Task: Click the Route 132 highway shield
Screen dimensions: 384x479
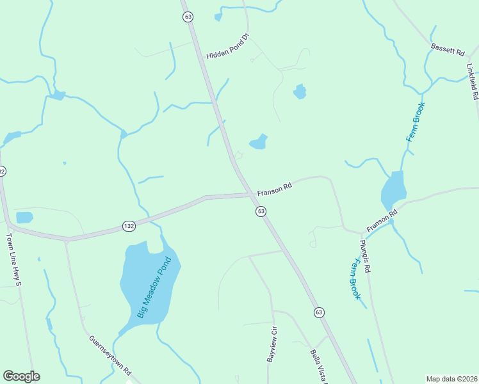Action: point(129,226)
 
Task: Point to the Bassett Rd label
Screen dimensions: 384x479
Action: point(447,48)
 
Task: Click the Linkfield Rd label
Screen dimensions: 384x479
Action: point(472,81)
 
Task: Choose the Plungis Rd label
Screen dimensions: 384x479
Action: point(364,256)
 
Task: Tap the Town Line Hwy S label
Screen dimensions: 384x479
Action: point(14,259)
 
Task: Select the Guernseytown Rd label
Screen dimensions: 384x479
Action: point(110,355)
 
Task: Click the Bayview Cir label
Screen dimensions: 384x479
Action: point(272,344)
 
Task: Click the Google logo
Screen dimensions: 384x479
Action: point(21,376)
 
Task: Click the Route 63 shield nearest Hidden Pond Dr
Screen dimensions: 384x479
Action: point(187,17)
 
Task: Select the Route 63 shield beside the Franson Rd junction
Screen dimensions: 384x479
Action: point(261,211)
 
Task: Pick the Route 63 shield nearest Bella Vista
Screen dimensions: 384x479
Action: point(319,312)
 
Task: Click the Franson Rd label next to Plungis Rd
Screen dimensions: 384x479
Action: point(382,220)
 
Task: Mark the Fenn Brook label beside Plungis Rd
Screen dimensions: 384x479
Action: point(353,279)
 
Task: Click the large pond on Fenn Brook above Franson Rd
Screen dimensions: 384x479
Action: point(394,188)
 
